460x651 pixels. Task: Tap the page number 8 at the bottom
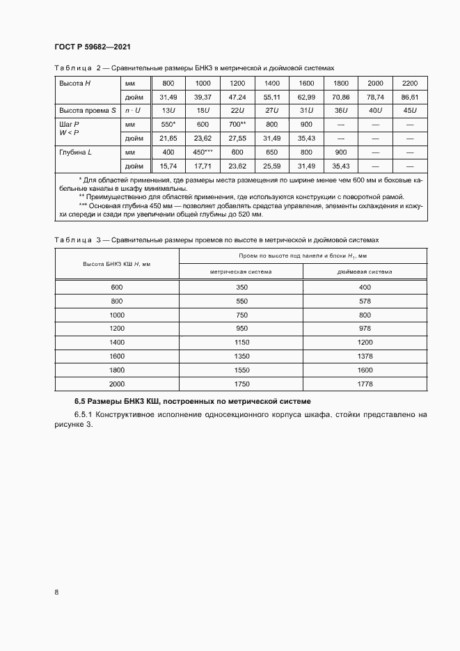(56, 592)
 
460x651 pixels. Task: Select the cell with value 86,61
(409, 97)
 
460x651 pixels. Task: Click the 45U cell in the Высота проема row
(409, 111)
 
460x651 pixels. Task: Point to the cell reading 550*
(168, 124)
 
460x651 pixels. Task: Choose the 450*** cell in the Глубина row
(203, 152)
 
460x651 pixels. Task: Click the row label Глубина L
(74, 152)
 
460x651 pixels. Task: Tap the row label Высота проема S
(83, 111)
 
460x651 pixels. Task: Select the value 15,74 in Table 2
(168, 166)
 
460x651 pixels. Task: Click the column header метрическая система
(241, 272)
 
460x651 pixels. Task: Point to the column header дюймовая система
(365, 272)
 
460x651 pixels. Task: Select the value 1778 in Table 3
(365, 384)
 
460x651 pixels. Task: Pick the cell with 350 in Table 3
(241, 287)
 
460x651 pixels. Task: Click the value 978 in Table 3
(365, 328)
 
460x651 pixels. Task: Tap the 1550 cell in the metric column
(241, 370)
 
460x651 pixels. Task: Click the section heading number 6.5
(81, 402)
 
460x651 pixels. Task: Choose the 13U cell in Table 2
(168, 111)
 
